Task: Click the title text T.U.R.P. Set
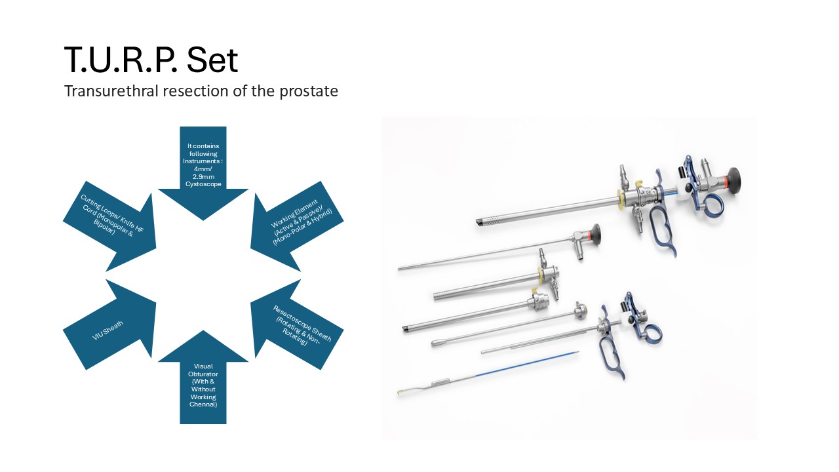click(151, 59)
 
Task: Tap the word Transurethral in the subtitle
click(111, 90)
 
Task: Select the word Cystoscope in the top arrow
click(203, 184)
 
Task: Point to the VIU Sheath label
click(107, 330)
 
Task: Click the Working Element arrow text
click(301, 222)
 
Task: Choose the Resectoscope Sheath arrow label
click(302, 325)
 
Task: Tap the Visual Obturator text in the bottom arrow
click(203, 370)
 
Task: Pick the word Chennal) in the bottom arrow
click(203, 404)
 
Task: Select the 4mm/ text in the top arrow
click(203, 168)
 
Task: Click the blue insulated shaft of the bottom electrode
click(527, 364)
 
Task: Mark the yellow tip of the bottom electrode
click(400, 392)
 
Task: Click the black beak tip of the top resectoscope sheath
click(480, 222)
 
